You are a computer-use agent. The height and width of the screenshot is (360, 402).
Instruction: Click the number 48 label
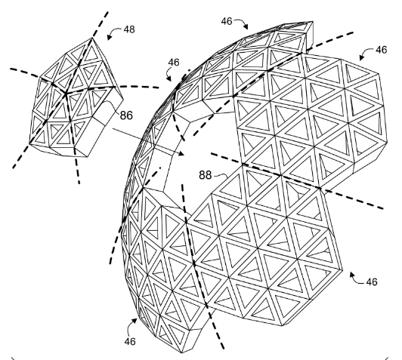coord(129,29)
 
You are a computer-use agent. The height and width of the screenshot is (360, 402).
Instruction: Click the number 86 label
coord(126,115)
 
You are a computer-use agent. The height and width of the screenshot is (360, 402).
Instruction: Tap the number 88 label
coord(206,175)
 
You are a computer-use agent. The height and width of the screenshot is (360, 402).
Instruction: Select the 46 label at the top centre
coord(227,21)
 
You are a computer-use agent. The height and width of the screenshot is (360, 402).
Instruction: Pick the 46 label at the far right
coord(382,50)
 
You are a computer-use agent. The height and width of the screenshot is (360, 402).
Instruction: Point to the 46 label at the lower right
coord(372,282)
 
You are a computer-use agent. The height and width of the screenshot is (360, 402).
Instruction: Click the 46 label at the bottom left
coord(130,341)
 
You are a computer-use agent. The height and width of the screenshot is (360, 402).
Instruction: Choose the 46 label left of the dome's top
coord(174,62)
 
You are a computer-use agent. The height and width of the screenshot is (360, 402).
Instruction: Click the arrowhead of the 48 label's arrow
coord(110,38)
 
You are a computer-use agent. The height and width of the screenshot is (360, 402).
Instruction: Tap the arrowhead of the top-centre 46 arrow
coord(246,26)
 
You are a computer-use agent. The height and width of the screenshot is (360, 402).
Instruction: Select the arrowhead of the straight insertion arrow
coord(181,154)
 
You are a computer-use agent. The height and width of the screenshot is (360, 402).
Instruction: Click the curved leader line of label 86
coord(112,106)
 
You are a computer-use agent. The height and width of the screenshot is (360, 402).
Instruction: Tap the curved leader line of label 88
coord(221,175)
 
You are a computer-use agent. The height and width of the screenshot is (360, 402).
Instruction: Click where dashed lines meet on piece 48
coord(66,94)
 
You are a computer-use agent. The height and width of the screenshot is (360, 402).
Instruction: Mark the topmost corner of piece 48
coord(92,38)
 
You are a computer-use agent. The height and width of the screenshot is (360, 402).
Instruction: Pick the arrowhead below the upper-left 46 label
coord(169,79)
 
